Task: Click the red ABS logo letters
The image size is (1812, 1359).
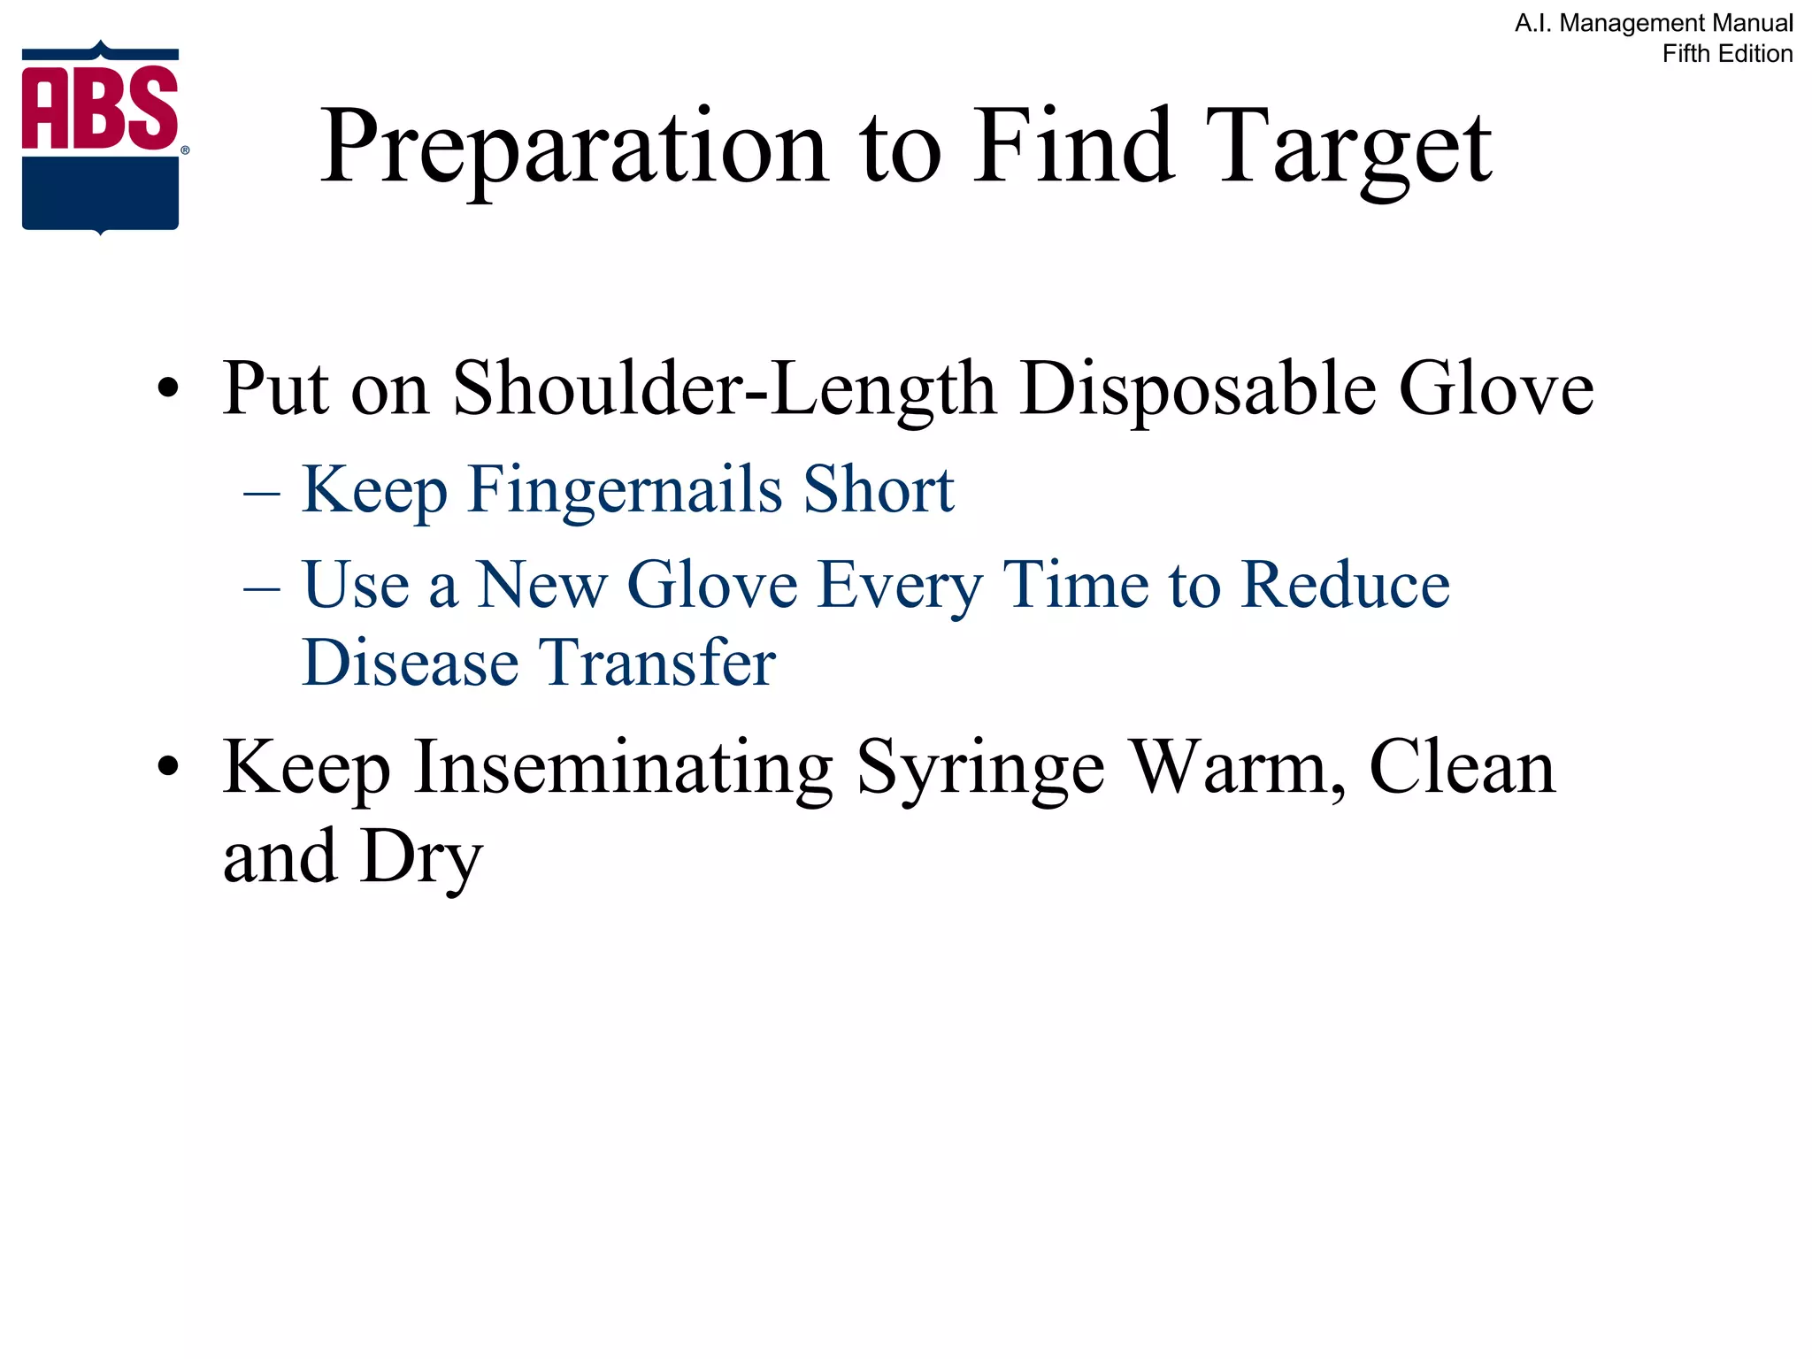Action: (100, 108)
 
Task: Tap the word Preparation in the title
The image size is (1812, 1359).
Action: (573, 147)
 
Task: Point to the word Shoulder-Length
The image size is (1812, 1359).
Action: (724, 389)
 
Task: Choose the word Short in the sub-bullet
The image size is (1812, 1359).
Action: (879, 489)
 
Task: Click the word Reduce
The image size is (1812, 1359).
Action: (1345, 585)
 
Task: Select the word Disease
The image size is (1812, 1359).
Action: (411, 663)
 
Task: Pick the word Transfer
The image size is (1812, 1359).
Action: (657, 663)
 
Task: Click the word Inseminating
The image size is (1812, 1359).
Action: (624, 768)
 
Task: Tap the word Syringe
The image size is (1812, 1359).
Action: (980, 768)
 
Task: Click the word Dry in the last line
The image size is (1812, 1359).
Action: (422, 858)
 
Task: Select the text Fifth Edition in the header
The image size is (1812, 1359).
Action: (1727, 54)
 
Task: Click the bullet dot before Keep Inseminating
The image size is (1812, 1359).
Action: (168, 766)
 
